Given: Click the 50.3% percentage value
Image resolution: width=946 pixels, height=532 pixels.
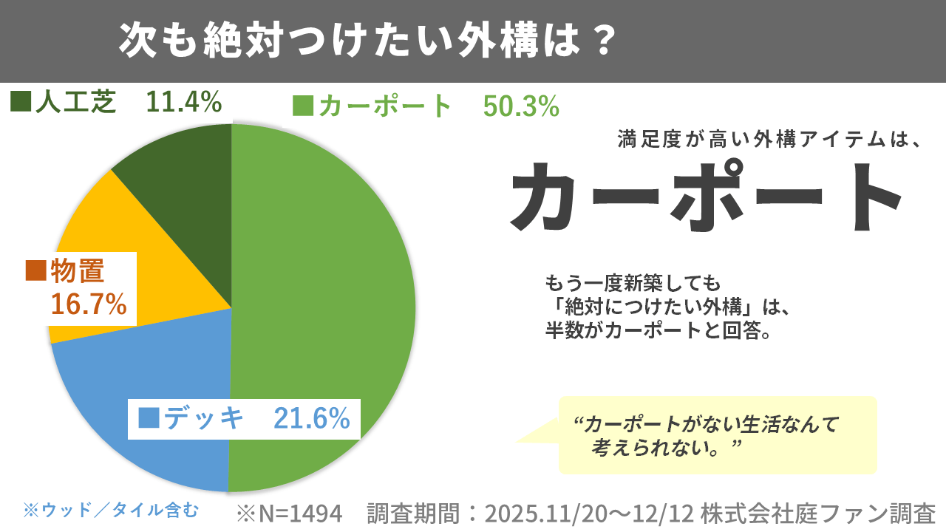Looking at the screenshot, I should [x=521, y=107].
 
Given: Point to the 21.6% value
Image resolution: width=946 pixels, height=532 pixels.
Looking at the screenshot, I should [x=311, y=418].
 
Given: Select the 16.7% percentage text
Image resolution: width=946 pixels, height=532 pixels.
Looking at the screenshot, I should [x=88, y=304].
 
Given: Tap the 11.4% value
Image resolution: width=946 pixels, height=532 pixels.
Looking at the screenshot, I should [x=184, y=102].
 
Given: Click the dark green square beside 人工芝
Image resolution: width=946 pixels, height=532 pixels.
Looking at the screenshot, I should [x=20, y=102].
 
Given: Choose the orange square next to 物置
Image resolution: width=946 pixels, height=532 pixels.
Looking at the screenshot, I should [x=35, y=270].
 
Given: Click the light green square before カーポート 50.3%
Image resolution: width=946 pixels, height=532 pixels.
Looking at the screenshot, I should [x=303, y=107].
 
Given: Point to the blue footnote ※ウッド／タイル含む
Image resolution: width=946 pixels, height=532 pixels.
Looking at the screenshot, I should [x=111, y=509].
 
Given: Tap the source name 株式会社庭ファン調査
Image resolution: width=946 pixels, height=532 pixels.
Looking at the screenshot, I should [x=818, y=513].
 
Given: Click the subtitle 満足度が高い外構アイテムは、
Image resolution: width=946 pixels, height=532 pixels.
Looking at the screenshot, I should [x=769, y=139].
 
